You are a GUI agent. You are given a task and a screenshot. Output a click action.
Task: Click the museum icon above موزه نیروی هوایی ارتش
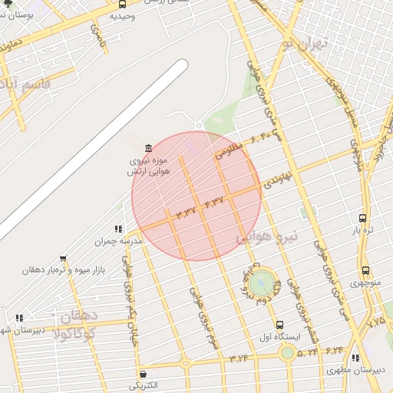point(148,148)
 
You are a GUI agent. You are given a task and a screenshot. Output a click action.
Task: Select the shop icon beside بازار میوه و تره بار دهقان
point(62,259)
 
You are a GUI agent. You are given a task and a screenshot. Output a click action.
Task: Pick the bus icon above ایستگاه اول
point(279,325)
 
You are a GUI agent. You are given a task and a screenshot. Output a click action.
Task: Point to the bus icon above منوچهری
point(365,271)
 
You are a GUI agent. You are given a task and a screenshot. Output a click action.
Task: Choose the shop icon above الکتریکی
point(143,373)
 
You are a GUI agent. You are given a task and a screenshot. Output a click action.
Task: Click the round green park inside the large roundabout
point(261,283)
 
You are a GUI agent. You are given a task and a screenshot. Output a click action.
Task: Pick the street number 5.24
point(307,352)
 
